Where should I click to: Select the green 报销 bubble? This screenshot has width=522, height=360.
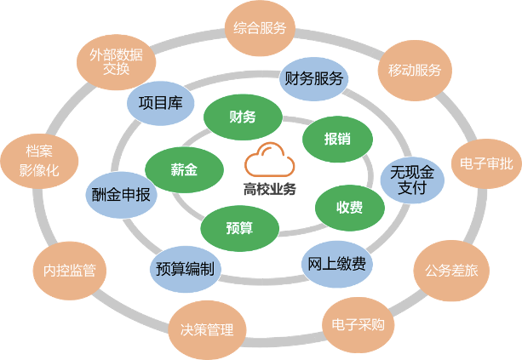click(337, 139)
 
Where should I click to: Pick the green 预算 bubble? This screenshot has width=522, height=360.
click(239, 227)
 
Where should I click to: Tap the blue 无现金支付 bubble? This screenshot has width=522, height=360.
click(412, 180)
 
